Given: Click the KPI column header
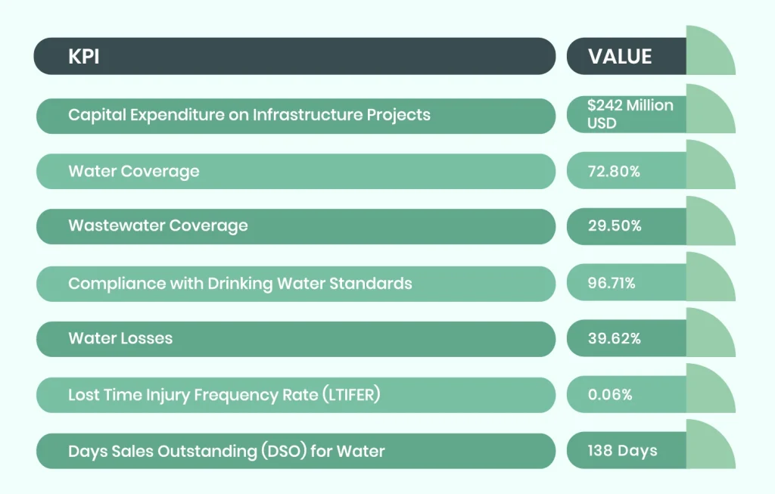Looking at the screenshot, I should tap(84, 57).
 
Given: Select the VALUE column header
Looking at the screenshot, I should tap(619, 57).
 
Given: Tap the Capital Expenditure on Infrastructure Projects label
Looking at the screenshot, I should tap(249, 115).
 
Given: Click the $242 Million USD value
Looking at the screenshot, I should tap(630, 114).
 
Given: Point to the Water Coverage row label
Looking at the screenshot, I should tap(134, 171).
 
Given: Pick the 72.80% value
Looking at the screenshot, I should tap(614, 171).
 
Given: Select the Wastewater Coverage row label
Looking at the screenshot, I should tap(157, 226).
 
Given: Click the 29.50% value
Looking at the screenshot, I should tap(614, 226).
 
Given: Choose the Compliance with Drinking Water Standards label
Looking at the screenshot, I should tap(240, 283).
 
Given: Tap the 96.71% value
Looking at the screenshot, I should tap(612, 283).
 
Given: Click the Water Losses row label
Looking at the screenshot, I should tap(120, 338).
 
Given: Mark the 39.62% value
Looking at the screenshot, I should tap(614, 338).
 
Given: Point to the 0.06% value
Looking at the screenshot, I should tap(611, 394).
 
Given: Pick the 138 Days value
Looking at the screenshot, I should tap(622, 451).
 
